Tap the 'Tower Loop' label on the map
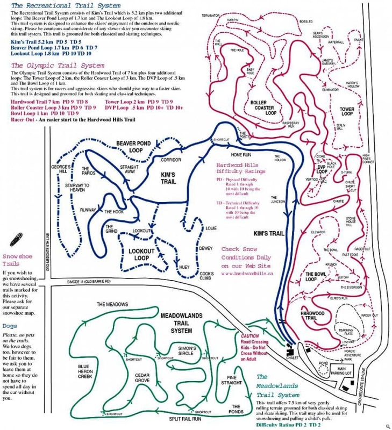click(x=347, y=111)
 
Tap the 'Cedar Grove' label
click(x=141, y=377)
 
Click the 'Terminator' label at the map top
click(x=211, y=16)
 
